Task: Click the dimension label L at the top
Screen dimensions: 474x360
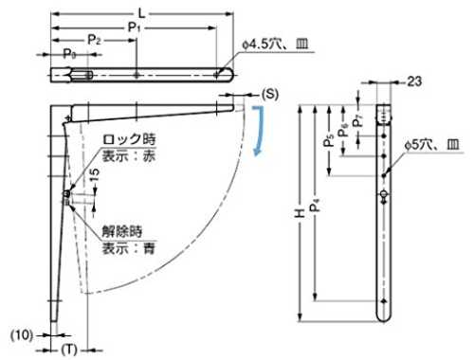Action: [142, 13]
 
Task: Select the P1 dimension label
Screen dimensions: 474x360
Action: [134, 27]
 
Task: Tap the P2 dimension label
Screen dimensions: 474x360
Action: [94, 40]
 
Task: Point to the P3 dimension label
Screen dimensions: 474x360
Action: [69, 54]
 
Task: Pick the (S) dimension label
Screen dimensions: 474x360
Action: [270, 94]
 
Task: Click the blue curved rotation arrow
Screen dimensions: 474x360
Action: [259, 131]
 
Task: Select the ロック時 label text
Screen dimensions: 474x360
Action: [129, 139]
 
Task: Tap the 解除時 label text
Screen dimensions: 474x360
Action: [122, 231]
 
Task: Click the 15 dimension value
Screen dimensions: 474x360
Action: [94, 174]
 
